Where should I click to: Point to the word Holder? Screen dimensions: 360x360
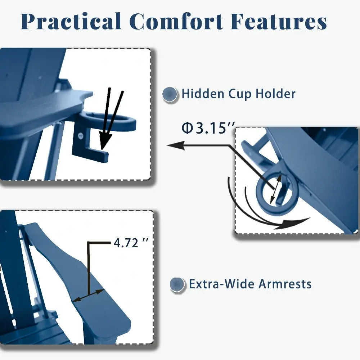click(x=275, y=94)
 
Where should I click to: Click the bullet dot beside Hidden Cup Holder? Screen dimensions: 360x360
click(x=170, y=94)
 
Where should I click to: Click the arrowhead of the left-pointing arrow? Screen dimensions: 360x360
click(x=175, y=145)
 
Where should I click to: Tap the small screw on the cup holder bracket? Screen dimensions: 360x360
click(x=81, y=136)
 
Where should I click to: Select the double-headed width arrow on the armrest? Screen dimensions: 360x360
click(x=88, y=295)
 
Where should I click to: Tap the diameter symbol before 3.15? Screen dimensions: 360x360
click(x=187, y=129)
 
